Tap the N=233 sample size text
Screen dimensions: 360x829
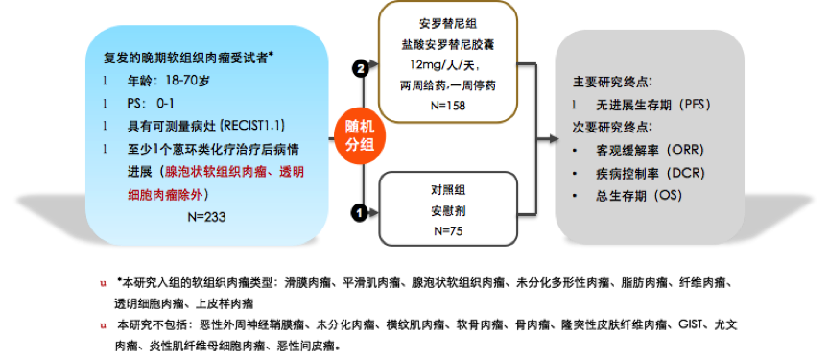point(205,217)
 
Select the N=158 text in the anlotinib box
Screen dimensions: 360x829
point(447,105)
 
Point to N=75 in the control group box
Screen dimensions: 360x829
point(448,230)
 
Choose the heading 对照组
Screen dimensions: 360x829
point(448,187)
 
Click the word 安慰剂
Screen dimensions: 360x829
point(448,209)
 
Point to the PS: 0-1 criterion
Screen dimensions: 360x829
point(152,104)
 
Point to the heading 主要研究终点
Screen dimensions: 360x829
point(614,81)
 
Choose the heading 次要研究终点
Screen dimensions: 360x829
point(614,127)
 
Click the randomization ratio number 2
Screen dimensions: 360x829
point(361,69)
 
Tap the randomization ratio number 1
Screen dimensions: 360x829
point(361,212)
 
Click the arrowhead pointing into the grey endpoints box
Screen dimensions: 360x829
point(554,139)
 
